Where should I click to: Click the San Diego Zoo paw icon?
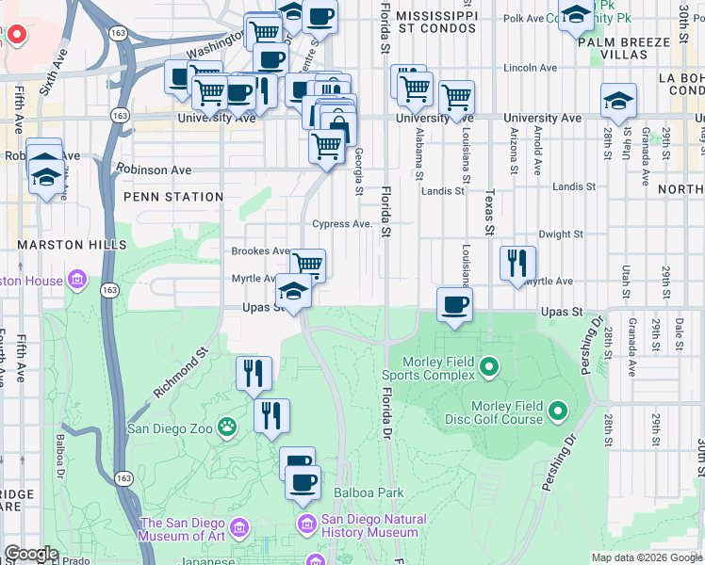pos(227,428)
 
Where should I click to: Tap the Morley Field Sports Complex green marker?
pos(489,365)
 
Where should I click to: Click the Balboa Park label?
pos(368,492)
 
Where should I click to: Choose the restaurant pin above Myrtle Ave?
pos(517,263)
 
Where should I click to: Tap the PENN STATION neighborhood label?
pos(172,197)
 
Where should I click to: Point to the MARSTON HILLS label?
pos(72,245)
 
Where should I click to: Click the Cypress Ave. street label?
pos(342,224)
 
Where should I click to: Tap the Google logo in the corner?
pos(32,554)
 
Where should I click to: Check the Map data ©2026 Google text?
pos(646,557)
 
